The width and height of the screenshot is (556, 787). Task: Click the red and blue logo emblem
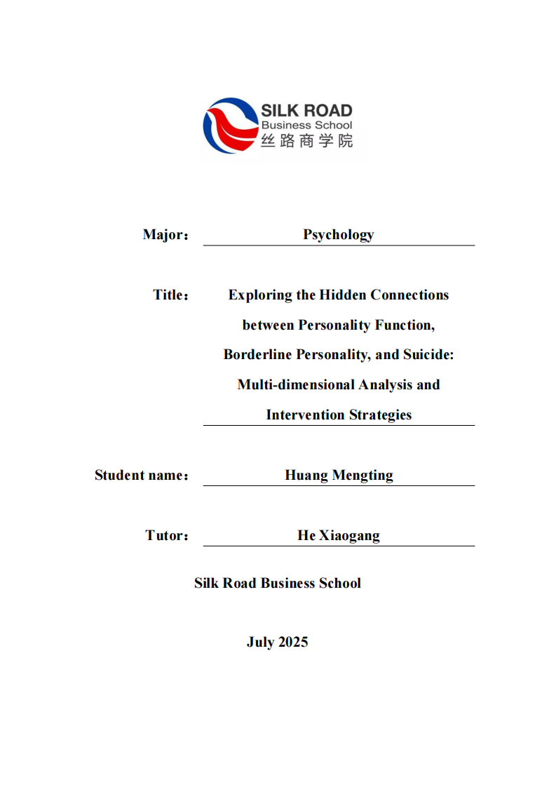[230, 126]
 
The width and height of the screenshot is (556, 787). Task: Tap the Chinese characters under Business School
[306, 140]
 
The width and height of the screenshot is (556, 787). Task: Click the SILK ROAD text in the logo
[306, 111]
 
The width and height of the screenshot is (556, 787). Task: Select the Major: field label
[165, 235]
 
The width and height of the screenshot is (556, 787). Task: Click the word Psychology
[338, 235]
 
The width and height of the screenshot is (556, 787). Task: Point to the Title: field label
[171, 295]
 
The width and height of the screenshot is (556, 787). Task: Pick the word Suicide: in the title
[428, 356]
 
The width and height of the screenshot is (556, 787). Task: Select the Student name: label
[142, 476]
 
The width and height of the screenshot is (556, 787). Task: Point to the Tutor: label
[168, 536]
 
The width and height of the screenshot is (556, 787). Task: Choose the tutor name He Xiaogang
[339, 536]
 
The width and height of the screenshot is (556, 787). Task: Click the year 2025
[292, 643]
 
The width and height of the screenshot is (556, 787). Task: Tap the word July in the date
[260, 643]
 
